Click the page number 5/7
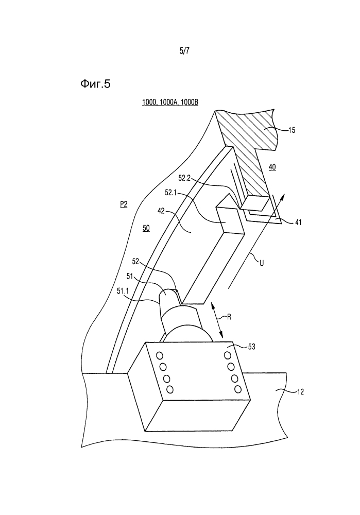coord(184,50)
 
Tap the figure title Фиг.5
coord(96,84)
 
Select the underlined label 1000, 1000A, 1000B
coord(170,102)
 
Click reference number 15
coord(292,130)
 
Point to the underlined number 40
coord(272,167)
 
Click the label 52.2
coord(184,178)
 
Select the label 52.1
coord(171,193)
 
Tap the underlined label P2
coord(124,205)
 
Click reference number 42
coord(161,211)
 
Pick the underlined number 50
coord(146,228)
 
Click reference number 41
coord(298,222)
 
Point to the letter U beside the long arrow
coord(262,263)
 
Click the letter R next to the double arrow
coord(230,317)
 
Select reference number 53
coord(251,347)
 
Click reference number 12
coord(300,391)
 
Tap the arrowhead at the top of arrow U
coord(283,197)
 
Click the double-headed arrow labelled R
coord(217,320)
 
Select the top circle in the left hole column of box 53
coord(160,356)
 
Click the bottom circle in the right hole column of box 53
coord(238,389)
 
